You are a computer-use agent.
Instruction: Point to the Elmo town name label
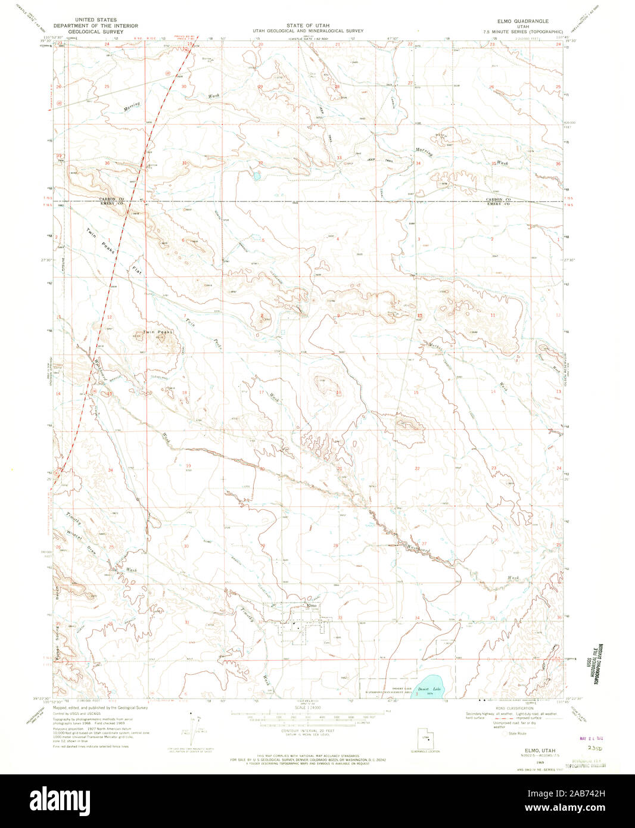click(310, 606)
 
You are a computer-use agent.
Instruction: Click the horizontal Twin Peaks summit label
click(161, 332)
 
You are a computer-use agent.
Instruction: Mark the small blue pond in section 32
click(256, 176)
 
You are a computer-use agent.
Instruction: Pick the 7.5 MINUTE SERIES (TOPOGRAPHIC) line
click(523, 31)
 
